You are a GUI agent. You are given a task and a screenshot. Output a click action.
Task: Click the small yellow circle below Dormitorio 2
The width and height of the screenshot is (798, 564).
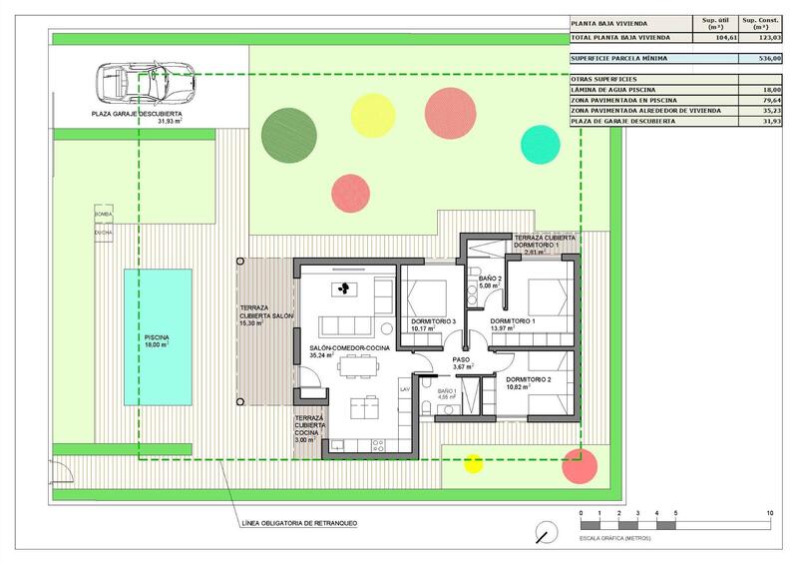[473, 462]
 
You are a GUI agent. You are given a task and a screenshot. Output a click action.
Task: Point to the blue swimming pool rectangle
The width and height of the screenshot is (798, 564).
[158, 337]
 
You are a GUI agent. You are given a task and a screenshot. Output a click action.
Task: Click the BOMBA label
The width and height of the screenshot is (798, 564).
[104, 215]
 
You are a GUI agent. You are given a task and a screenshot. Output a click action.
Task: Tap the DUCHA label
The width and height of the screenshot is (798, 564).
[104, 233]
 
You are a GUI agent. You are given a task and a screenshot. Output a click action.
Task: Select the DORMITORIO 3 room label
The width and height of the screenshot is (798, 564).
[433, 321]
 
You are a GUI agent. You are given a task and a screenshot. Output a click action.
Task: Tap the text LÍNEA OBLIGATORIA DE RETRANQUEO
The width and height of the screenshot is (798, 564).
[299, 523]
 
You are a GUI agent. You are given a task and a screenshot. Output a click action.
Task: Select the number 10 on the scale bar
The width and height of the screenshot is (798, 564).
[769, 513]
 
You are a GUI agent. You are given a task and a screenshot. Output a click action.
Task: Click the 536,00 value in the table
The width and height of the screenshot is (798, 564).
[769, 59]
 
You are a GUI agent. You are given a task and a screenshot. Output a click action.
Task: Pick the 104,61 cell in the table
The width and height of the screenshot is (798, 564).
[712, 37]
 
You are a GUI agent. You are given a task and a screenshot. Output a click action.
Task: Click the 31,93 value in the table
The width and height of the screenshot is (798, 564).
[769, 121]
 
